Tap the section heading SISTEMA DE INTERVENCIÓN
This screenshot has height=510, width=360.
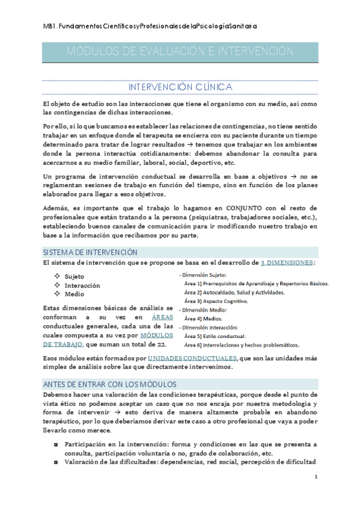pos(90,252)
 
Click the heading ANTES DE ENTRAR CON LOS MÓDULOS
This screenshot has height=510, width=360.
pos(109,384)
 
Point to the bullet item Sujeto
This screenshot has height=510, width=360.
pos(75,276)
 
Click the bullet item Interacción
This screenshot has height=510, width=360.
pos(82,285)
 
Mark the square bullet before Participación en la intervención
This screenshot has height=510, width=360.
pos(56,444)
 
